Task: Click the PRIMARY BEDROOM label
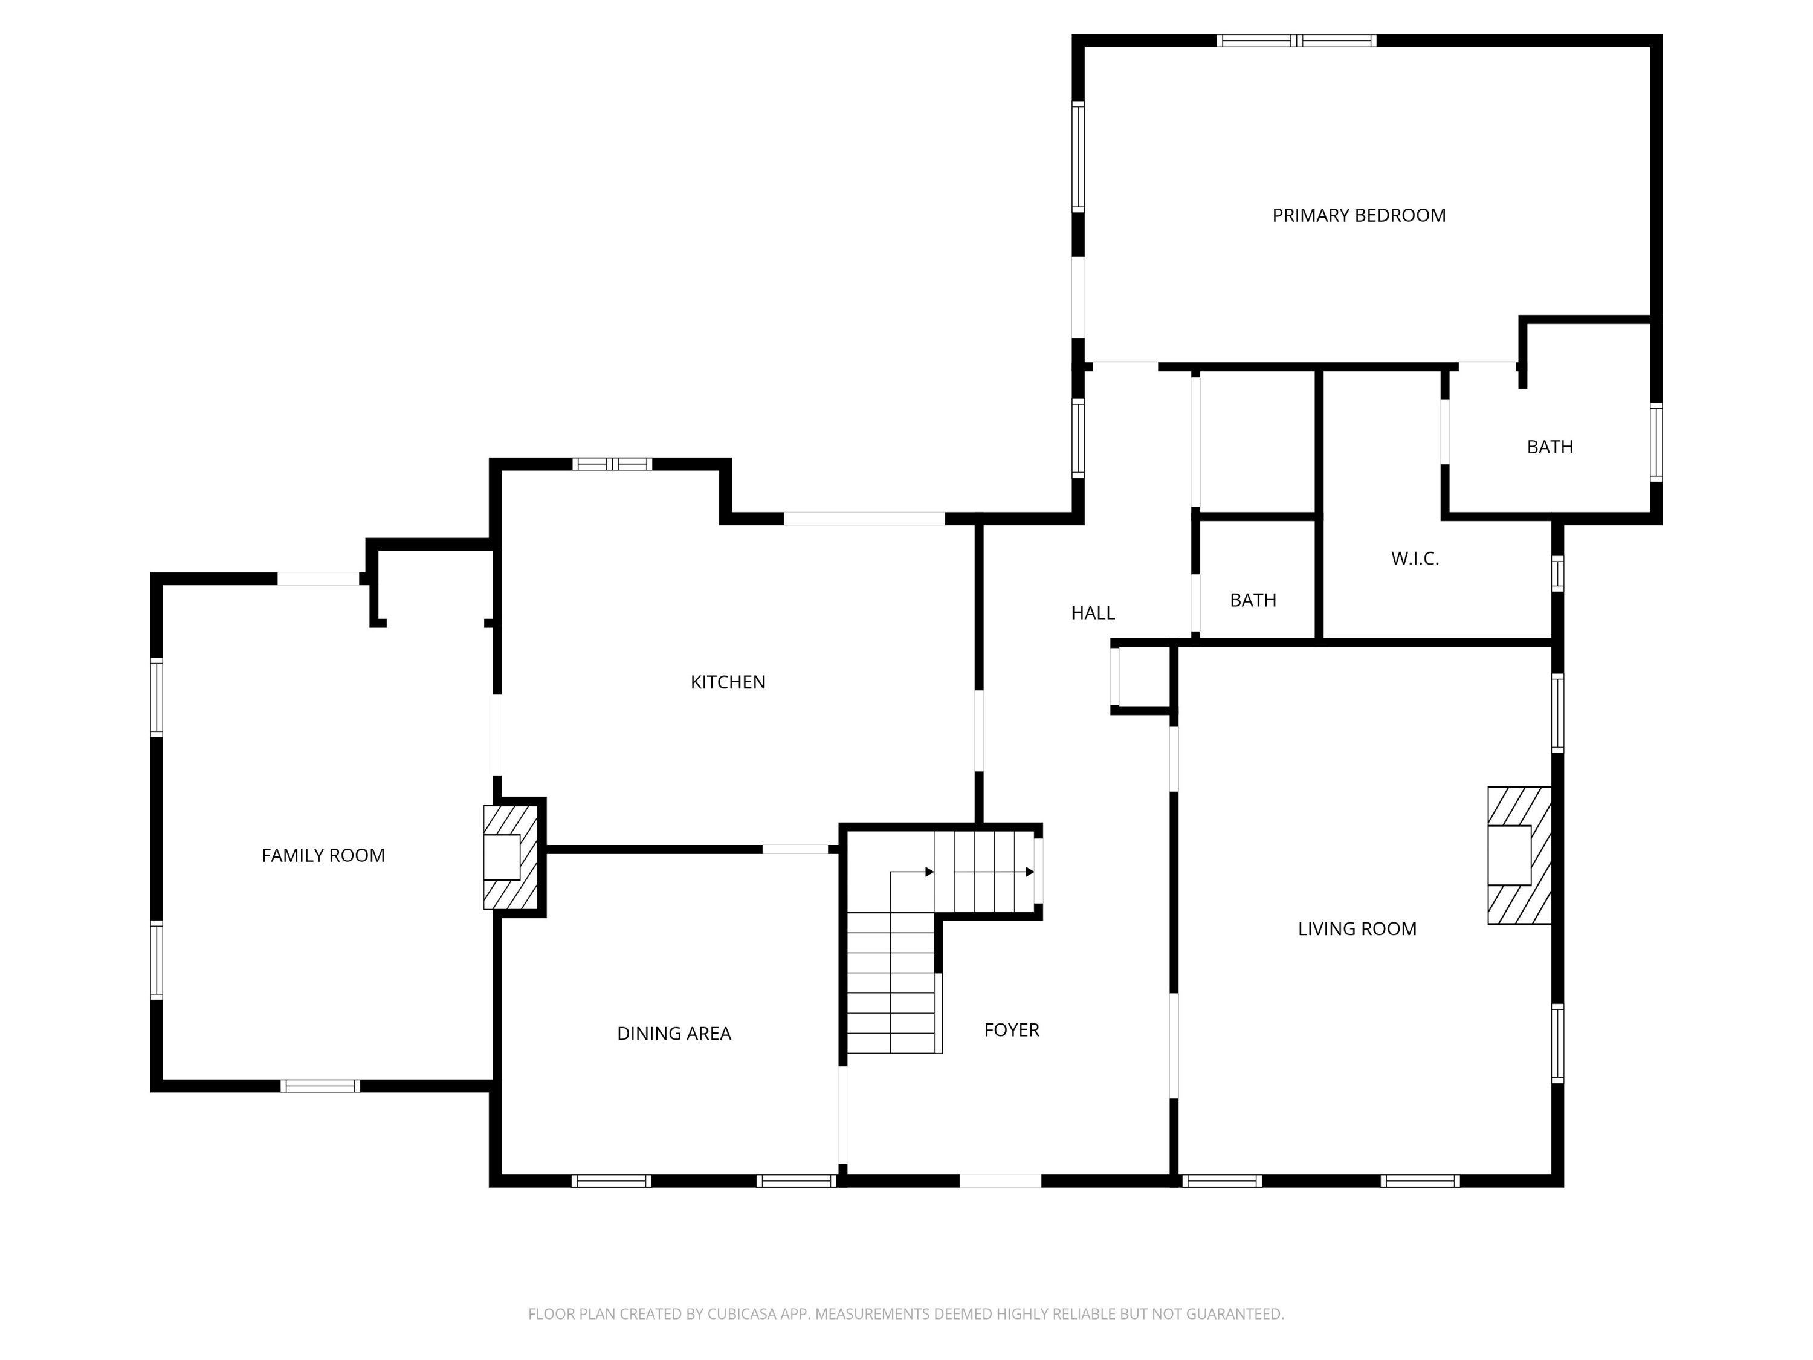point(1358,216)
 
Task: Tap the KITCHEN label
point(728,682)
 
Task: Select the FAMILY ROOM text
point(323,855)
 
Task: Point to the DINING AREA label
point(674,1034)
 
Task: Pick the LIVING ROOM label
point(1357,929)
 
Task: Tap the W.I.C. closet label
point(1415,559)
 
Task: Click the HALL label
point(1093,613)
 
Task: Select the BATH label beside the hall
point(1252,600)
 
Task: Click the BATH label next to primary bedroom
point(1549,447)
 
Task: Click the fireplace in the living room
point(1519,855)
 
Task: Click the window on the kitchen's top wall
point(612,464)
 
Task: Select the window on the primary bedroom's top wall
point(1296,40)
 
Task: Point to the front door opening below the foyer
point(1000,1180)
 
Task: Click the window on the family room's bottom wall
point(320,1086)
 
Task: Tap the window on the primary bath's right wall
point(1656,442)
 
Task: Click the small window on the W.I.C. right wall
point(1557,573)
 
